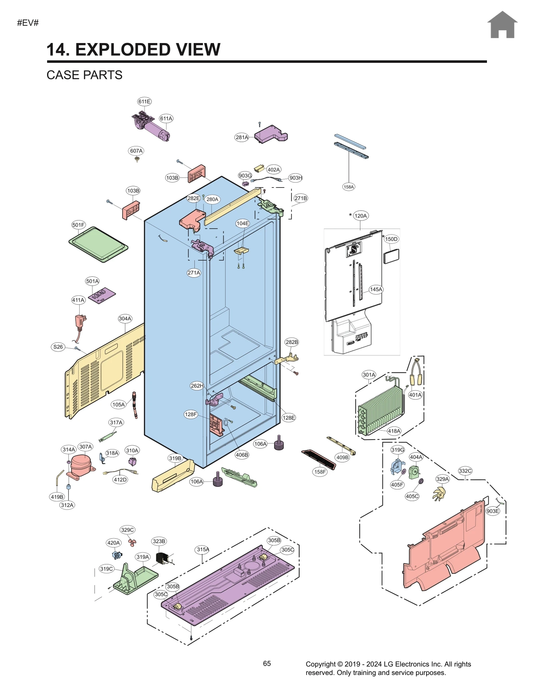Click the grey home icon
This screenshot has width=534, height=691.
click(502, 25)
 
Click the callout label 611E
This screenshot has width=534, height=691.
click(144, 101)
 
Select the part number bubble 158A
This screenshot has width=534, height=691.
click(348, 187)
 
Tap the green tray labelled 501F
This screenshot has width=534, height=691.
click(98, 244)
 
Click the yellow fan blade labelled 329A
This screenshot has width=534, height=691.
click(439, 494)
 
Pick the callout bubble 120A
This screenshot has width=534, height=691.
click(360, 216)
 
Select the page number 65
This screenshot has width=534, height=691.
click(267, 664)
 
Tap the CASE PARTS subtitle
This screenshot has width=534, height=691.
click(84, 75)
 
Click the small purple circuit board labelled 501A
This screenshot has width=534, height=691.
click(102, 295)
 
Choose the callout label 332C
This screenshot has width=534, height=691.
click(465, 471)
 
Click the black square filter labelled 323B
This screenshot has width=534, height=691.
click(162, 558)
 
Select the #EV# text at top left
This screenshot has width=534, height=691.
click(28, 23)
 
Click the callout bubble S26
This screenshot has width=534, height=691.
click(58, 347)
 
